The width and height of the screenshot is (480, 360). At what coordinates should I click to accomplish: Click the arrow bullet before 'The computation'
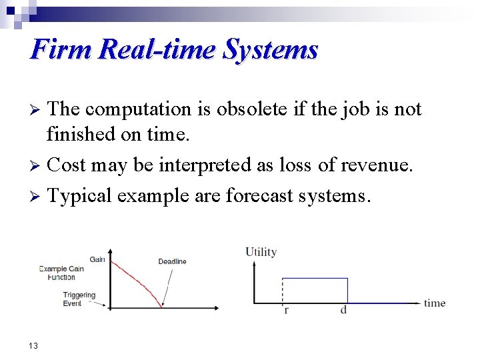37,109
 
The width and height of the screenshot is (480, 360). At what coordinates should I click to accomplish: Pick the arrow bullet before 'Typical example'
37,196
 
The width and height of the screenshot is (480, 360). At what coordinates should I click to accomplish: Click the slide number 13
33,345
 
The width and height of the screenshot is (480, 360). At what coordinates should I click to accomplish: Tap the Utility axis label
261,252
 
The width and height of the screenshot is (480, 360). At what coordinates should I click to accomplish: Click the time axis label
435,303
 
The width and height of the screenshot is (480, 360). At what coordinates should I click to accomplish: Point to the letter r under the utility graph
286,311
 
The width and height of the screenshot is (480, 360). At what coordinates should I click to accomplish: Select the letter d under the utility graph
343,311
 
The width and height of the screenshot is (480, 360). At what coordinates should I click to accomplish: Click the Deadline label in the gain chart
172,261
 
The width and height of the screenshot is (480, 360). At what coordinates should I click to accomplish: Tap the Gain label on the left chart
97,259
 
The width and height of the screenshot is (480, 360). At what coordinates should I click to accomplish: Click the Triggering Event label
79,299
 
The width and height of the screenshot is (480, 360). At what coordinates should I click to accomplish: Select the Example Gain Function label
62,273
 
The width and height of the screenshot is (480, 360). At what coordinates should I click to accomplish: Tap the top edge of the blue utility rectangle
315,278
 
